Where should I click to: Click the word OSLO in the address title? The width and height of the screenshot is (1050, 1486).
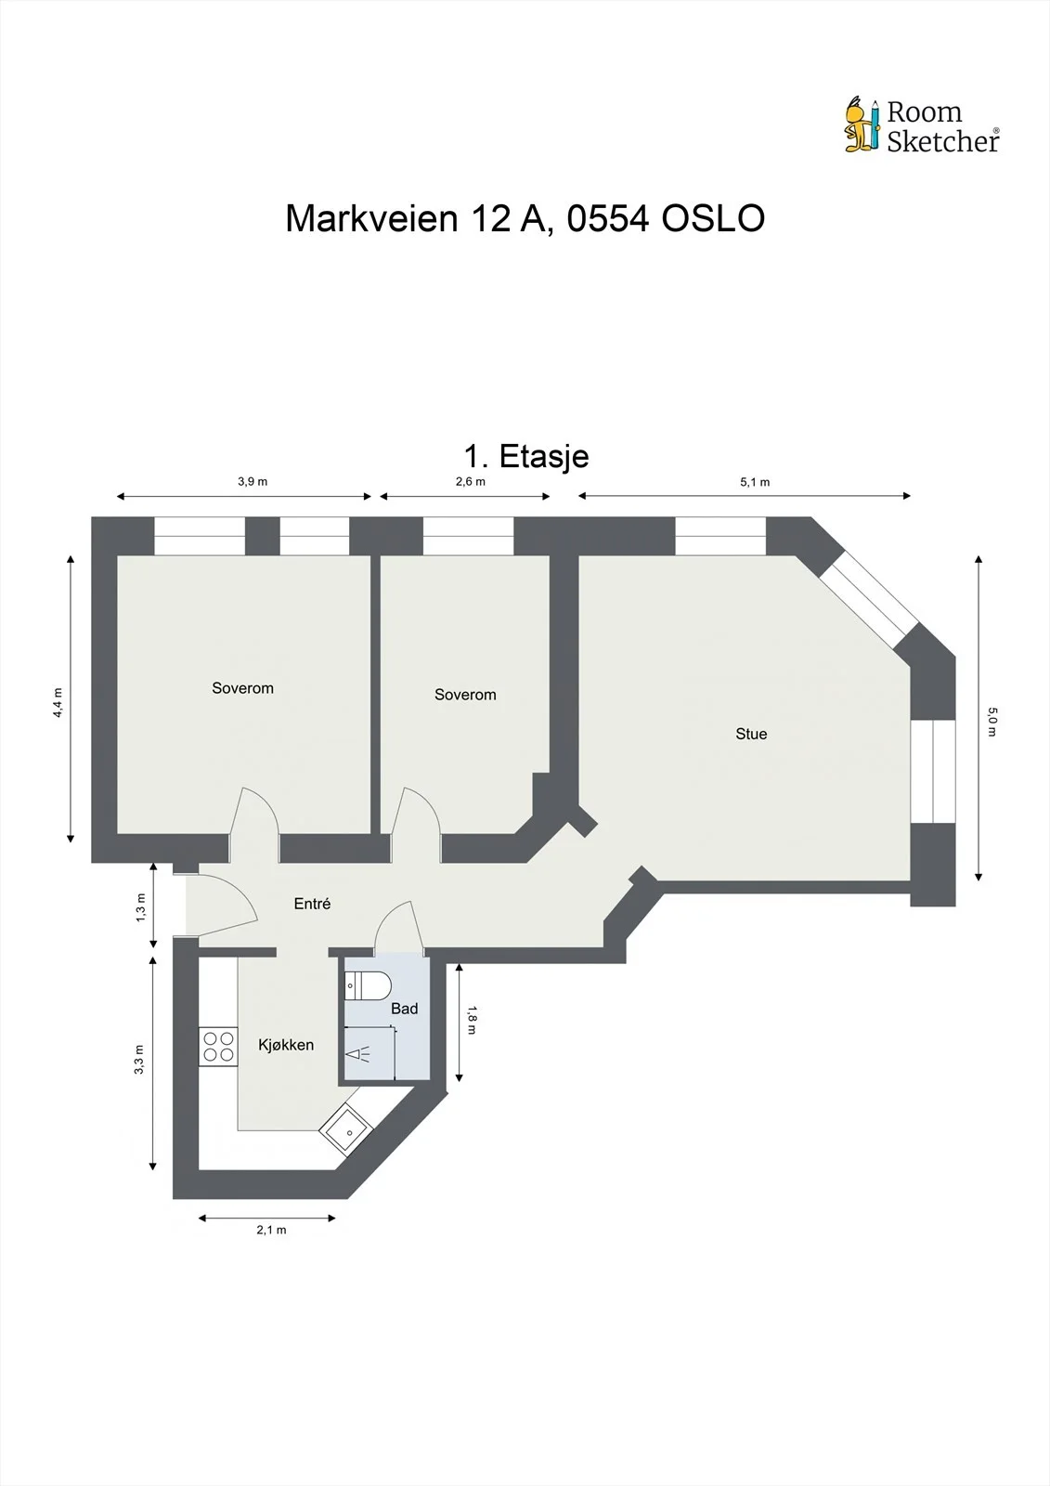pyautogui.click(x=713, y=218)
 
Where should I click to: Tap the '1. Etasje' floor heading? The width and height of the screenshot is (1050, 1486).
pyautogui.click(x=526, y=456)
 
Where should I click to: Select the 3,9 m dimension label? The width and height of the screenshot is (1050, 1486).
pyautogui.click(x=253, y=482)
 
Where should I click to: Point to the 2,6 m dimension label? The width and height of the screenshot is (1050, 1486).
pyautogui.click(x=471, y=482)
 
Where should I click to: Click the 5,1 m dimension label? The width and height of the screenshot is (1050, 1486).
pyautogui.click(x=755, y=482)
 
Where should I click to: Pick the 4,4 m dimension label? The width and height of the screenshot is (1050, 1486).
pyautogui.click(x=58, y=702)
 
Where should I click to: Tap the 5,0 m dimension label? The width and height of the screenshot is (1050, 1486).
pyautogui.click(x=992, y=722)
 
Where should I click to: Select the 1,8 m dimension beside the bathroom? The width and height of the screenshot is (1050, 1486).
pyautogui.click(x=472, y=1021)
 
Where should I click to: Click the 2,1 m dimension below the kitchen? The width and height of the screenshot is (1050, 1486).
pyautogui.click(x=271, y=1230)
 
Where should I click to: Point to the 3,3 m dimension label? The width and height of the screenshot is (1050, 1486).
pyautogui.click(x=139, y=1060)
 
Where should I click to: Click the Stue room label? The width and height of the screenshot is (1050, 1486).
pyautogui.click(x=751, y=734)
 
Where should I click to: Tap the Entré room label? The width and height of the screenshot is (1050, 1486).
pyautogui.click(x=312, y=904)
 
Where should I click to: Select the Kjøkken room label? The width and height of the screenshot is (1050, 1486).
pyautogui.click(x=286, y=1045)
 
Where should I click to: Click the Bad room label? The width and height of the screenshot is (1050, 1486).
pyautogui.click(x=404, y=1009)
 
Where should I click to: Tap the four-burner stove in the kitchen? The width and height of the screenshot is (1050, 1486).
pyautogui.click(x=218, y=1046)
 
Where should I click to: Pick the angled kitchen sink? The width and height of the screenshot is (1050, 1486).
pyautogui.click(x=346, y=1129)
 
